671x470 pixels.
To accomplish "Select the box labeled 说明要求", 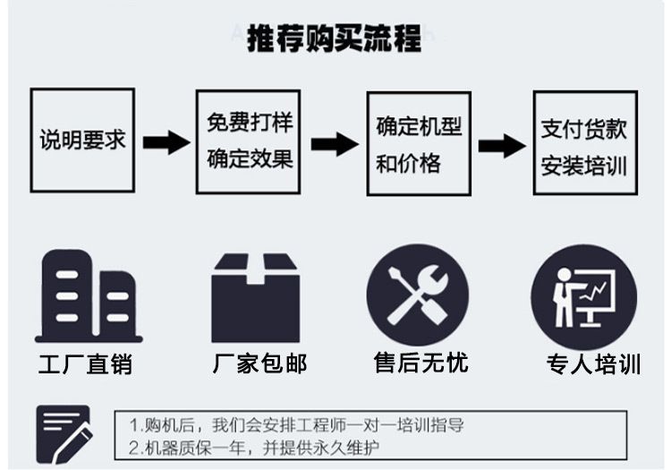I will pos(82,140).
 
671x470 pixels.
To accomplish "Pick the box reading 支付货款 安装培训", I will pos(585,142).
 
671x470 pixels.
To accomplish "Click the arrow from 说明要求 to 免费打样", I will pos(166,141).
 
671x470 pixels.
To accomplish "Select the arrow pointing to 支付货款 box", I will pos(501,145).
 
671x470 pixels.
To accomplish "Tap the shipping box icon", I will pos(255,296).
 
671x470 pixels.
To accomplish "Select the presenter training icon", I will pos(583,295).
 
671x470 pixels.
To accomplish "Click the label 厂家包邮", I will pos(259,363).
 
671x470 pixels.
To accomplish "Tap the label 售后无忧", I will pos(420,362).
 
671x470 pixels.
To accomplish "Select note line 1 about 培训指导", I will pos(297,424).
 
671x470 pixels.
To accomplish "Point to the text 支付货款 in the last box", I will pos(585,128).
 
